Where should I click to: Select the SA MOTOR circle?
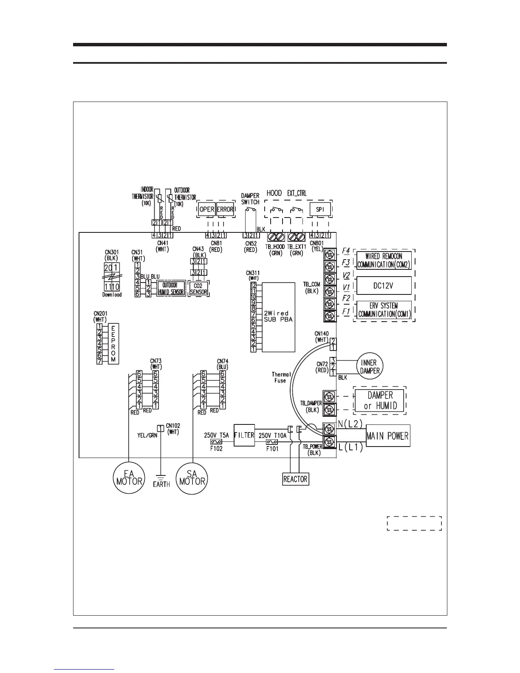(x=192, y=478)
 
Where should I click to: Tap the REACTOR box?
(x=295, y=479)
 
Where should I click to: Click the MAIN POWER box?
(x=387, y=435)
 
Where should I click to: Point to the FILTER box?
(x=244, y=435)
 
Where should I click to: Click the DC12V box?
(x=384, y=286)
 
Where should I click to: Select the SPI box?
(x=320, y=209)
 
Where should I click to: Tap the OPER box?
(x=207, y=209)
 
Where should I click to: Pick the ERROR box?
(x=225, y=209)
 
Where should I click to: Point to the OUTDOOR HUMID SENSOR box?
(x=171, y=288)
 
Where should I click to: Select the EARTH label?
(x=161, y=484)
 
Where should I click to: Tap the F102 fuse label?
(x=215, y=448)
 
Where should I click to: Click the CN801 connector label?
(x=317, y=243)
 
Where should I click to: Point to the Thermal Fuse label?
(x=282, y=377)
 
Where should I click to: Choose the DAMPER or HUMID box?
(x=380, y=400)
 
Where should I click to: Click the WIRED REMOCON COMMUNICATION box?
(x=384, y=260)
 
